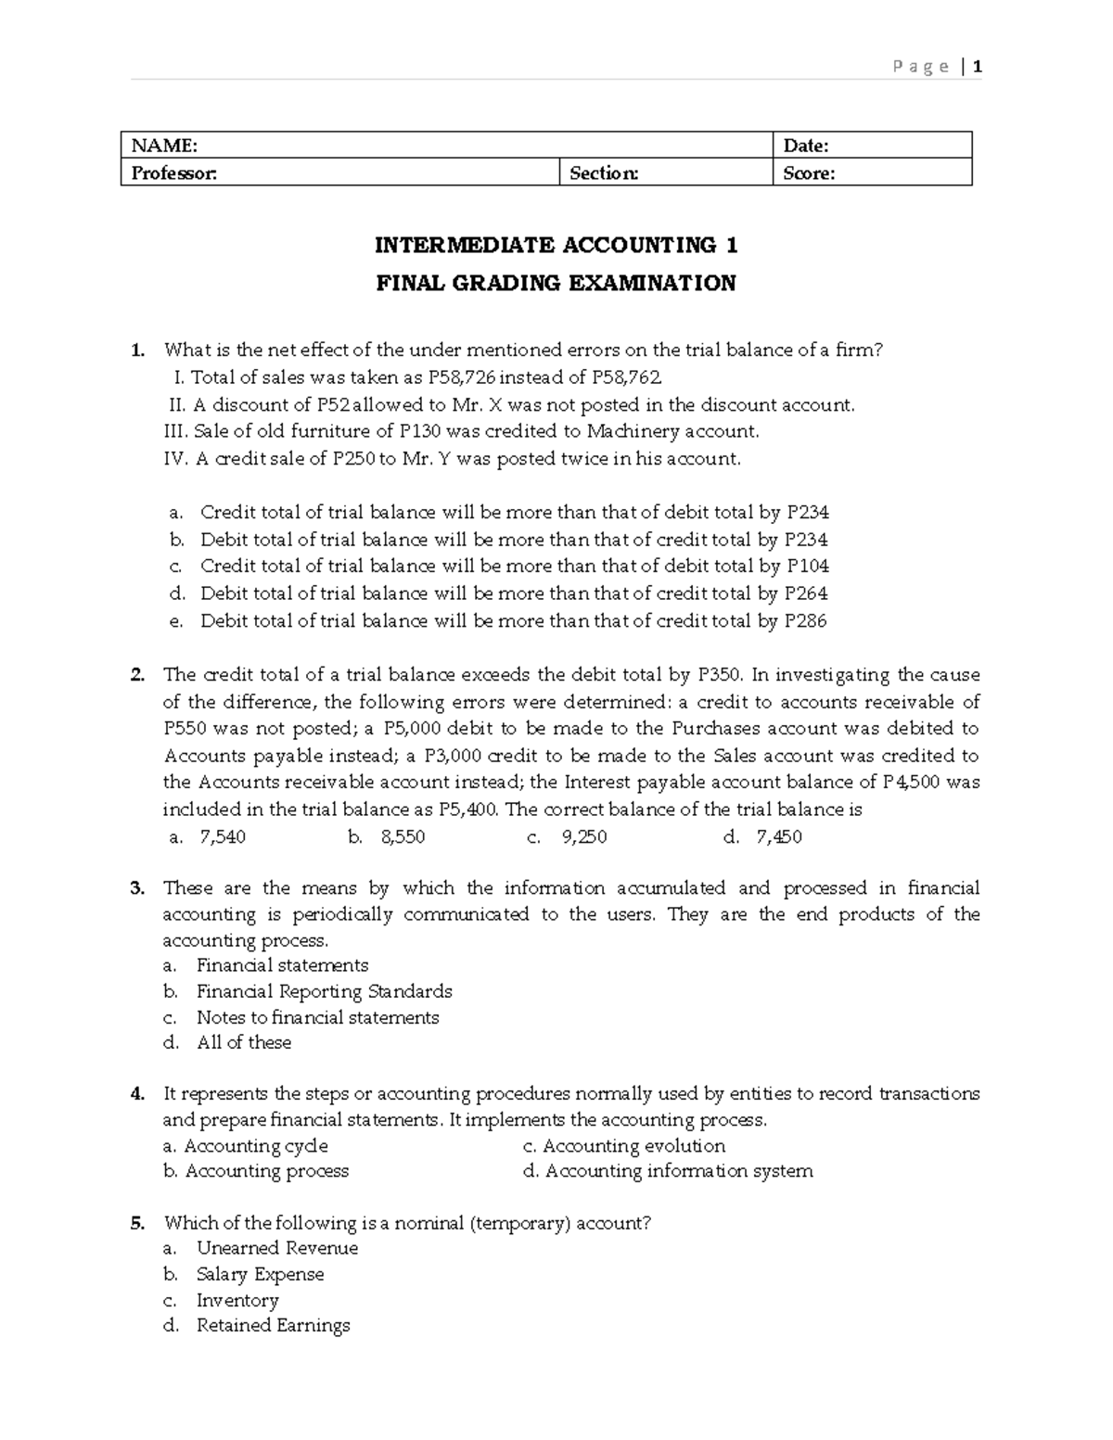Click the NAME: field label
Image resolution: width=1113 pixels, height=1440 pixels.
(164, 146)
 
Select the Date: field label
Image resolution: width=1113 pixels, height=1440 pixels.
(806, 146)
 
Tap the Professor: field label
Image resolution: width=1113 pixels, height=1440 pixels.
(173, 173)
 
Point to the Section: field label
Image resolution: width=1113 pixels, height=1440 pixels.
(604, 173)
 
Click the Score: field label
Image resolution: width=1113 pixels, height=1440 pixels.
(809, 173)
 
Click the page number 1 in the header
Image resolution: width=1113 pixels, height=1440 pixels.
(977, 66)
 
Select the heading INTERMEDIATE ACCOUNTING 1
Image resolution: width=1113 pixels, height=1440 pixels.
(556, 246)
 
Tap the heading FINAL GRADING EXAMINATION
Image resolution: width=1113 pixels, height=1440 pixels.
(556, 284)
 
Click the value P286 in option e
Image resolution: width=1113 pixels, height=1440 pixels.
(805, 621)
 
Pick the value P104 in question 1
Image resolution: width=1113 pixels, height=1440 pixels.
(808, 567)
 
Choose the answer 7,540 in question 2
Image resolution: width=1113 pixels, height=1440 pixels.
(223, 837)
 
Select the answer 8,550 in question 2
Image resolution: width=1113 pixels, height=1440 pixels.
(403, 837)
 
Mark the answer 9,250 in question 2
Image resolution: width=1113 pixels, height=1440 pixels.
(584, 837)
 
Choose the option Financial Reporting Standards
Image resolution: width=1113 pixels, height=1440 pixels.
(325, 992)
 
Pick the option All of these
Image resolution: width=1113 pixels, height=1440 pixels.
(244, 1043)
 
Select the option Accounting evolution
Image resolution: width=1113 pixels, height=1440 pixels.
(633, 1146)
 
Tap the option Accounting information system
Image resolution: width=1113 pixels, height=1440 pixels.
(679, 1171)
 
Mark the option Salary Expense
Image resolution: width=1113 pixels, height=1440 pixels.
(261, 1275)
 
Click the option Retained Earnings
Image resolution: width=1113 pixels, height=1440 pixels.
(274, 1326)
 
